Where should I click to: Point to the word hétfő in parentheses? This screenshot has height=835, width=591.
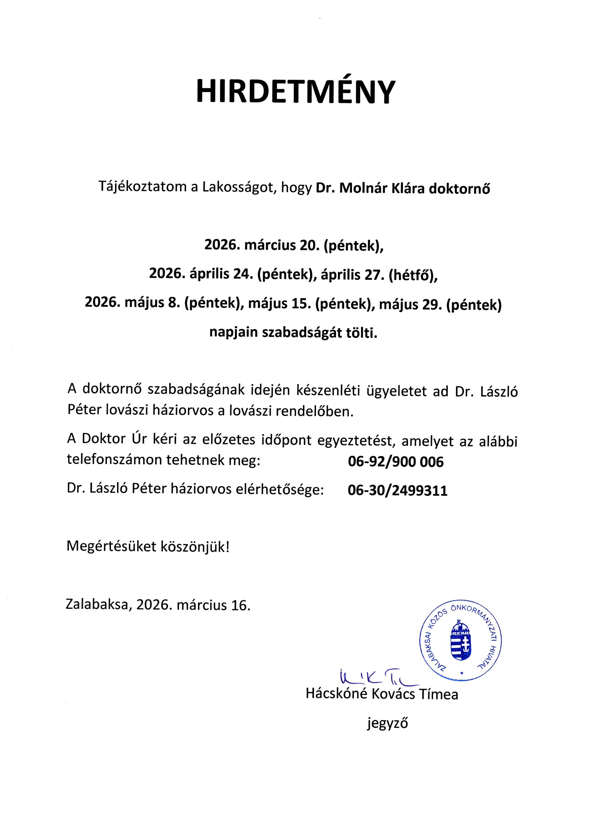[413, 274]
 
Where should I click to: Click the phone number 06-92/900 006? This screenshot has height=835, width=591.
[396, 462]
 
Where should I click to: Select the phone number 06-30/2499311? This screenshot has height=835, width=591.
[397, 491]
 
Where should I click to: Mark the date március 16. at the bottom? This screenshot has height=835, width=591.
[213, 605]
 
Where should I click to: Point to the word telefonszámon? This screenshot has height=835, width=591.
[114, 460]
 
